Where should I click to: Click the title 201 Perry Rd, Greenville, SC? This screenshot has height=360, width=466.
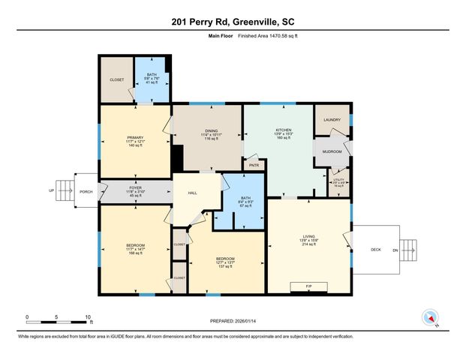(233, 20)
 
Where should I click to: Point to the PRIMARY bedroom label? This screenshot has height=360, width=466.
(135, 136)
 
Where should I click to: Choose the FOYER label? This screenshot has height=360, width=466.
(135, 187)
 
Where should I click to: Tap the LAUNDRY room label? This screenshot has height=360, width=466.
(332, 121)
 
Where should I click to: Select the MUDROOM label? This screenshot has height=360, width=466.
(332, 152)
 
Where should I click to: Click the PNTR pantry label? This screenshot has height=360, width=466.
(254, 165)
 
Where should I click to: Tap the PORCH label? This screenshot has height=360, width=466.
(86, 192)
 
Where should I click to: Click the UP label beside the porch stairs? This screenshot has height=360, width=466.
(52, 190)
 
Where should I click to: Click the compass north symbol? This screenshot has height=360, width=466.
(429, 318)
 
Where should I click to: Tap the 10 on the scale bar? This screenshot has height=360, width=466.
(89, 316)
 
